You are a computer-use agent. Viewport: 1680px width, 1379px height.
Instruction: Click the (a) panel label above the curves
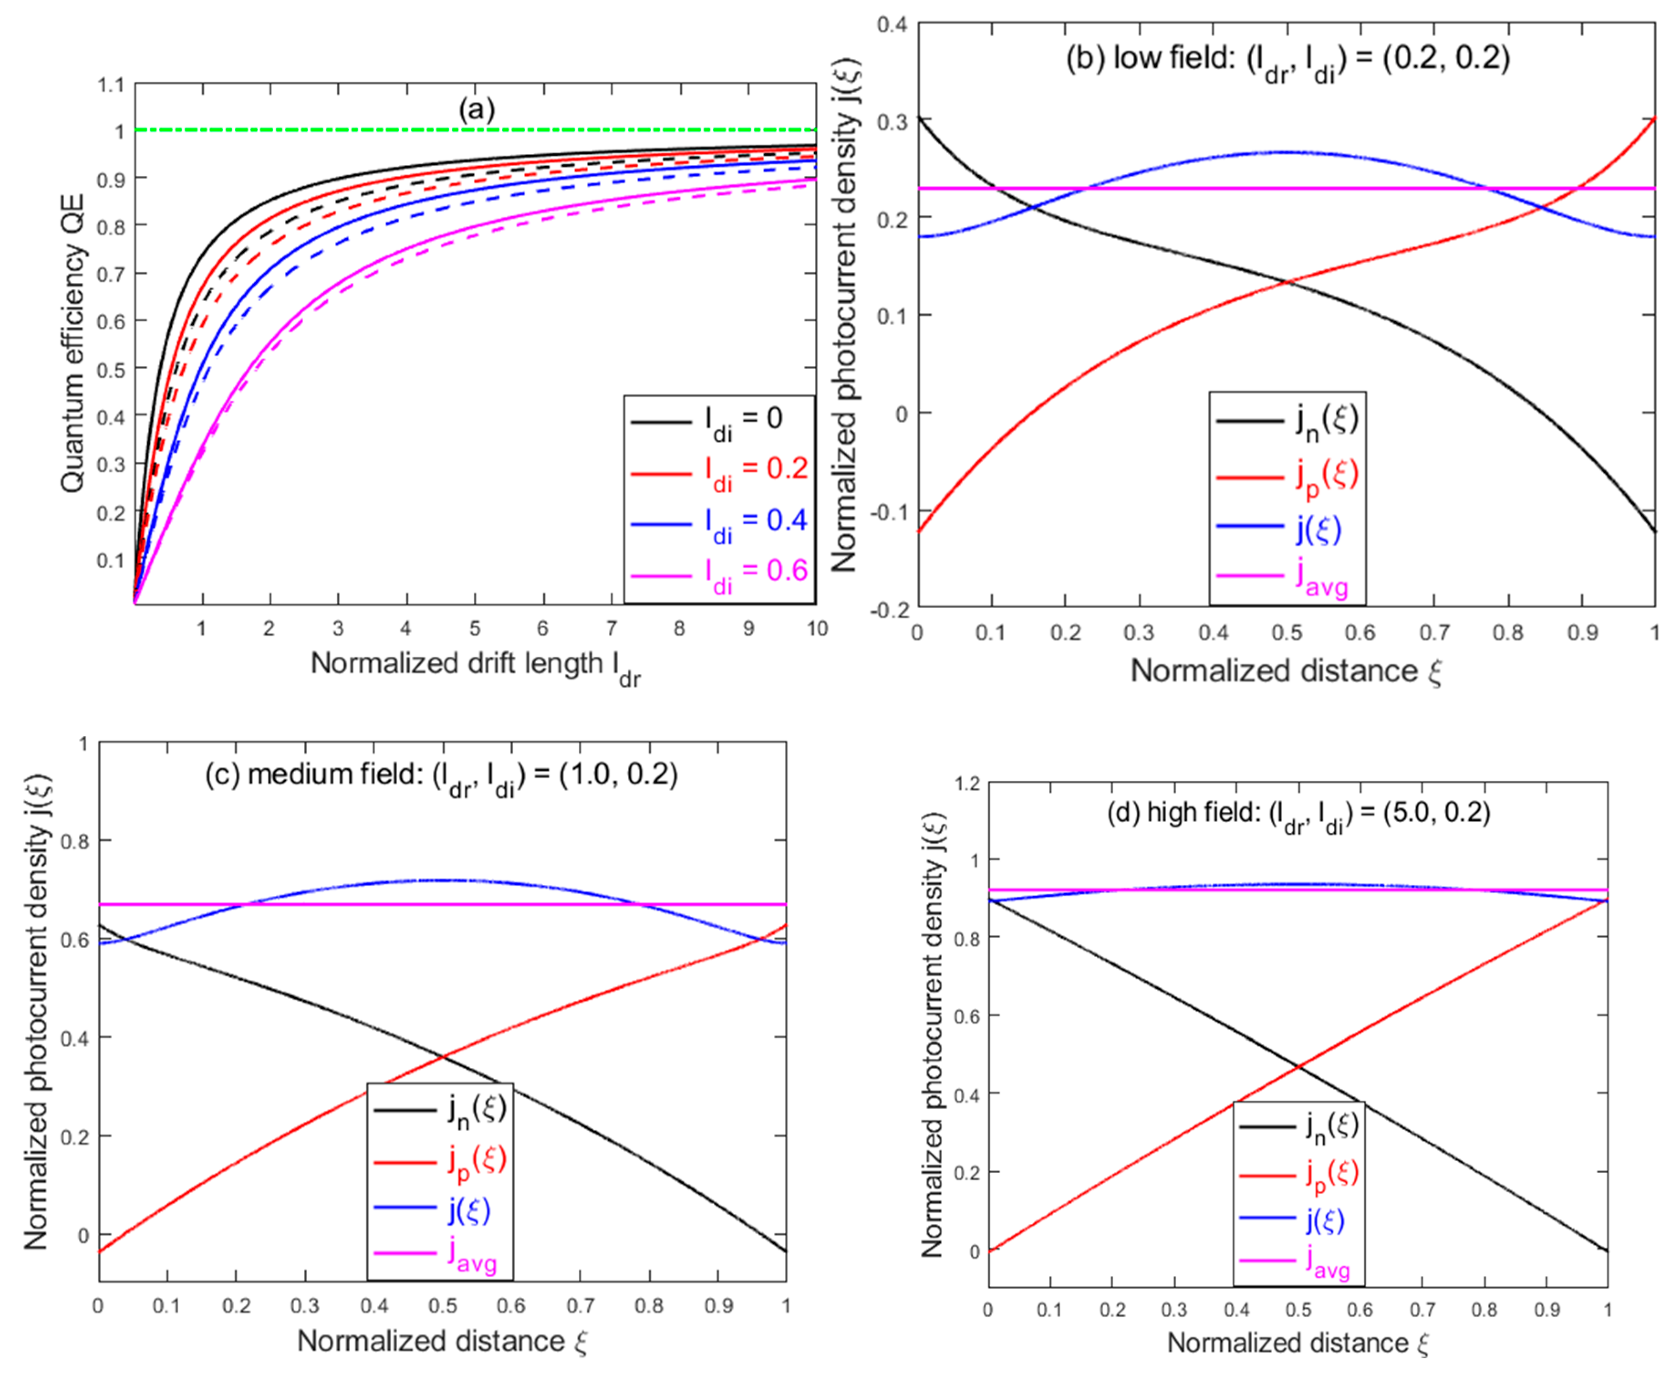[x=477, y=110]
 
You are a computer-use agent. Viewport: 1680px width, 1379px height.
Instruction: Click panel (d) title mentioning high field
[x=1298, y=814]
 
